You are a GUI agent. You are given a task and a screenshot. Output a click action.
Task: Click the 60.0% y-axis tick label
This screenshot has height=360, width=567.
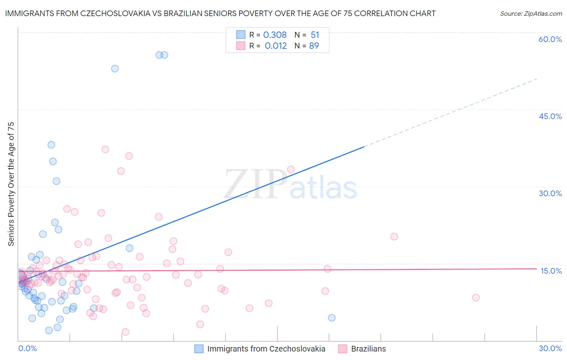coord(550,39)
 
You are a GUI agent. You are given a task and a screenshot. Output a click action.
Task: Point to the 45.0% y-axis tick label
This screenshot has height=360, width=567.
coord(550,116)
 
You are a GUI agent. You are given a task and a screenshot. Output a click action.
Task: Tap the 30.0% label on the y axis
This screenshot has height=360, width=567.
coord(550,193)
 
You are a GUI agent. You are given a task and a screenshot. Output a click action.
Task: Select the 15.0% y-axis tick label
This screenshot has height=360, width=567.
coord(551,271)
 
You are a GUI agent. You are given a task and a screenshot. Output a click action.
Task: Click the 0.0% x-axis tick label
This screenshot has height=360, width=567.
coord(27,348)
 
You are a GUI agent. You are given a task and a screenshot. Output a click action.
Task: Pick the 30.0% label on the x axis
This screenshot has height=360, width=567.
coord(550,348)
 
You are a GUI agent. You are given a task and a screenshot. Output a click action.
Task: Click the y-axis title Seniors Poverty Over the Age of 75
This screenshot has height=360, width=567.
coord(11,184)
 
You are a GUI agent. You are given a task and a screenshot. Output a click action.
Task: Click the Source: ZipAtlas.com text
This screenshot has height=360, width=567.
coord(531,13)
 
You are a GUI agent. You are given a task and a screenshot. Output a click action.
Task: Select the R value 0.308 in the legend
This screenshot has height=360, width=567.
coord(275,35)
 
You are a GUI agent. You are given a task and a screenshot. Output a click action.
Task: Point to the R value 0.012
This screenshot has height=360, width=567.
coord(275,46)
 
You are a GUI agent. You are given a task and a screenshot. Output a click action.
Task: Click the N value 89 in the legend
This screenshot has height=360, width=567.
coord(314,46)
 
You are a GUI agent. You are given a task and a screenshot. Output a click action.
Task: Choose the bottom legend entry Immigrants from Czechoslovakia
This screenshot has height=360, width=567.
coord(260,349)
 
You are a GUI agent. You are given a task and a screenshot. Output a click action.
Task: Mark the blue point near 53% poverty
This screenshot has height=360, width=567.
coord(115,69)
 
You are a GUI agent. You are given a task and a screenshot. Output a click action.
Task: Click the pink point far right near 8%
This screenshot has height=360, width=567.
coord(476,297)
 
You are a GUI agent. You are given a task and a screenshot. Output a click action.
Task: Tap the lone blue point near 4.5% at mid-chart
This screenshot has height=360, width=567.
coord(331,318)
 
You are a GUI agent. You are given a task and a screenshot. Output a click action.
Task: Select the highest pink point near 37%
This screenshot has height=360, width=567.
coord(105,149)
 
